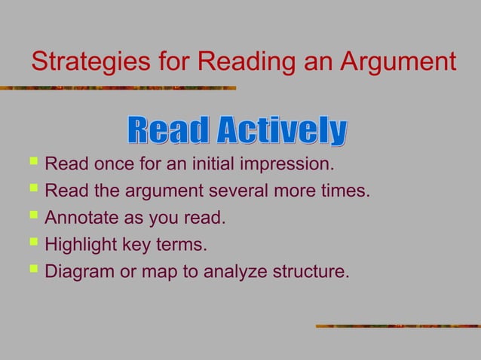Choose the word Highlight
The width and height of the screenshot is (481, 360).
81,246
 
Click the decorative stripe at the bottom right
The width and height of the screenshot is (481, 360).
397,326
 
